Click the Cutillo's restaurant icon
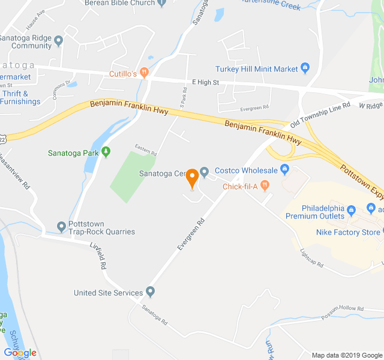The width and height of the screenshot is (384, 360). click(x=144, y=73)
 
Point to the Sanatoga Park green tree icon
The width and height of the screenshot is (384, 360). click(x=106, y=152)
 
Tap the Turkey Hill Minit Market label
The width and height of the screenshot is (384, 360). click(x=257, y=69)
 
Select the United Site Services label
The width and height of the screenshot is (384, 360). click(x=108, y=293)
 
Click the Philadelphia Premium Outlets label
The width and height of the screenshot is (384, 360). click(x=315, y=212)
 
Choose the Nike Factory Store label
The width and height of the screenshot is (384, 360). click(x=348, y=232)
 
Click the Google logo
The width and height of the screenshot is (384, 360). click(x=20, y=353)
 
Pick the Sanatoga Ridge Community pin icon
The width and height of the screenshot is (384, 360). click(x=58, y=41)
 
